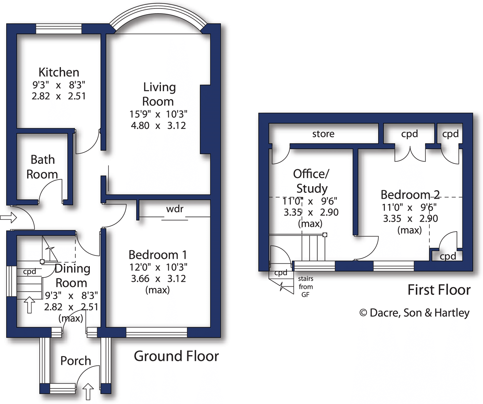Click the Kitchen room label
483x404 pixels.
[59, 72]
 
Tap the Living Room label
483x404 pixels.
[159, 94]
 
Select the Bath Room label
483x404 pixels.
[42, 167]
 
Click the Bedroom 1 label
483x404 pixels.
[158, 255]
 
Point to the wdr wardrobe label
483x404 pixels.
[175, 209]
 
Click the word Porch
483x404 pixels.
[76, 361]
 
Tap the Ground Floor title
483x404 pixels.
[176, 356]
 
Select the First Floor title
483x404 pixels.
[439, 290]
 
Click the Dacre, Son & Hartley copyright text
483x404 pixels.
[415, 313]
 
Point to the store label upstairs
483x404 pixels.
[323, 134]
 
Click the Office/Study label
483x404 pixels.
[311, 181]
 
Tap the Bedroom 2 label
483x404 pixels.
[410, 195]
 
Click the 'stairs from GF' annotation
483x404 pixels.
[305, 287]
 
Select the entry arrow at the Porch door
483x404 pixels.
[88, 392]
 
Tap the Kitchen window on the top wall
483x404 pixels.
[59, 29]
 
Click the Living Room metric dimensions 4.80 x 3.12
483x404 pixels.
[158, 125]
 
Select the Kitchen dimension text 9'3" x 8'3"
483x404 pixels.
[59, 85]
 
